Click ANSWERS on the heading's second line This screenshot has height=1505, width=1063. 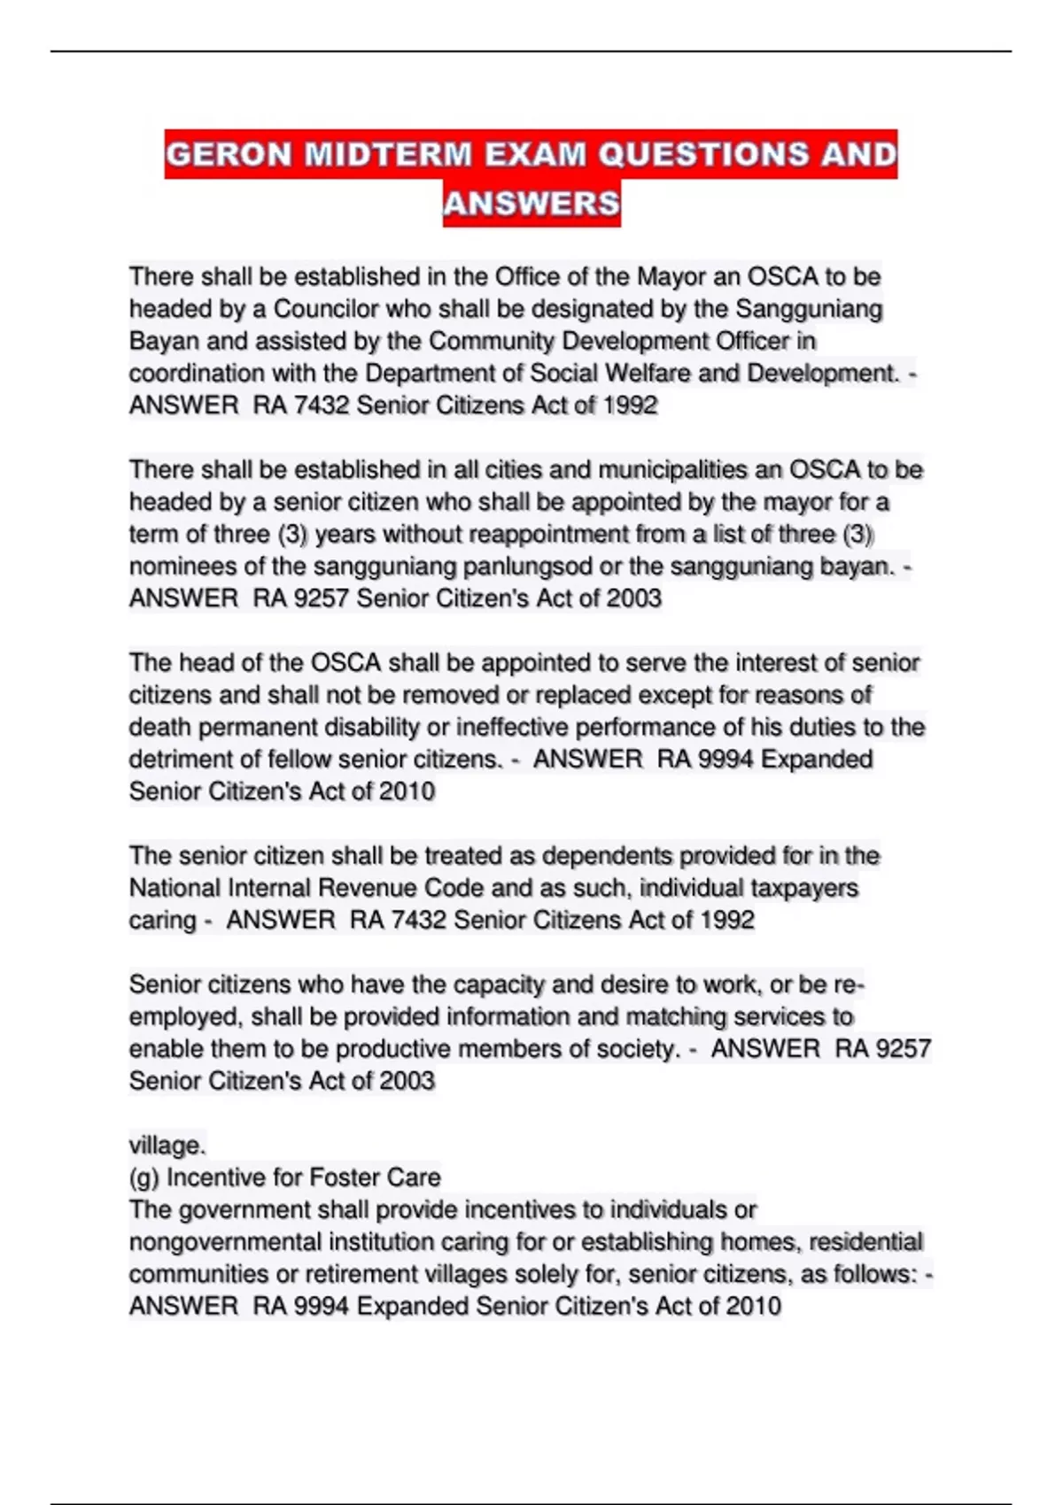[x=531, y=204]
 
